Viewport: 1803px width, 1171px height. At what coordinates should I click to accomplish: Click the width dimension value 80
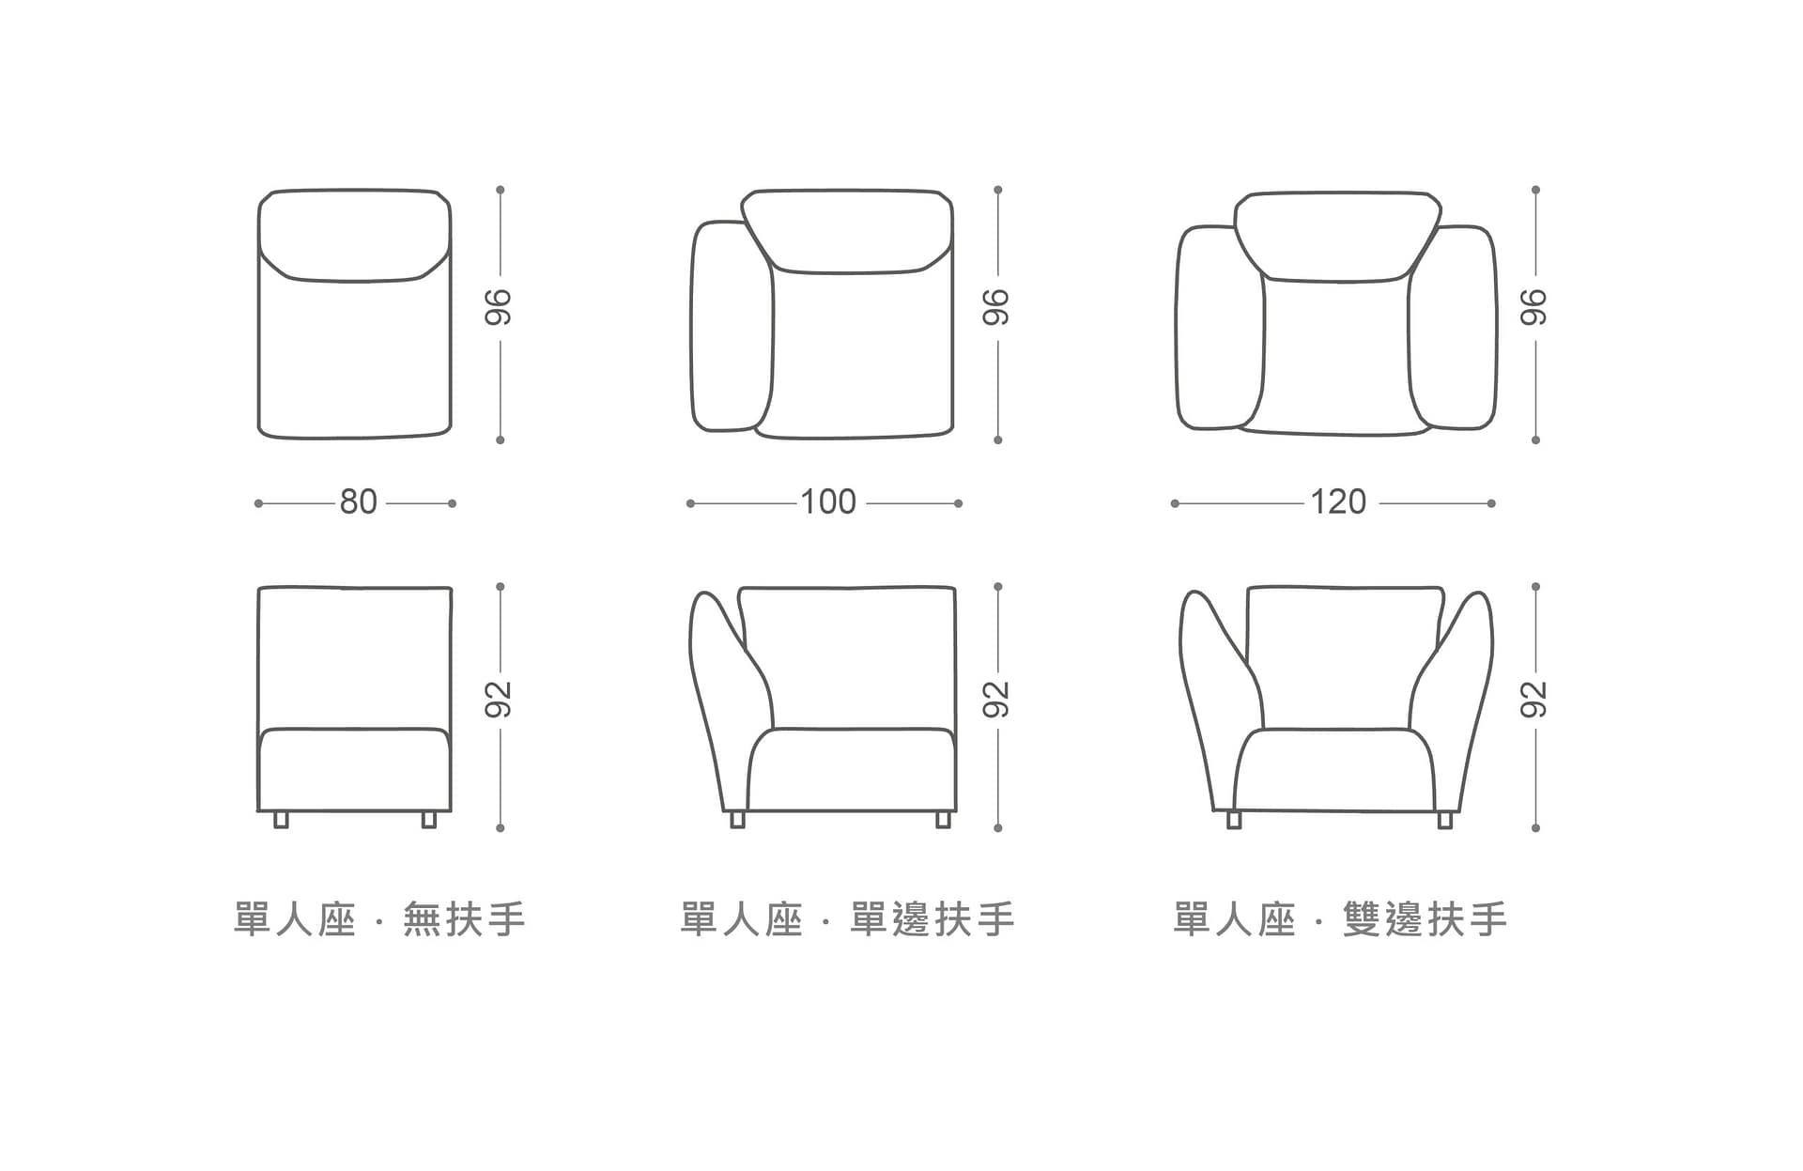[x=359, y=502]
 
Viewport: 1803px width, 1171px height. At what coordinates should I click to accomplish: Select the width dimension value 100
[x=828, y=502]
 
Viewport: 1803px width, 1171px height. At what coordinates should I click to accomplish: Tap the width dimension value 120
[x=1338, y=502]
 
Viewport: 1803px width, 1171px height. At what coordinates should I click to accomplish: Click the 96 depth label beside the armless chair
[x=499, y=307]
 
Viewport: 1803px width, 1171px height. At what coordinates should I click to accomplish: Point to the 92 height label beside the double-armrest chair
[x=1533, y=700]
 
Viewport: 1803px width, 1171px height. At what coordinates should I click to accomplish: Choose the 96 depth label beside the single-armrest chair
[x=996, y=307]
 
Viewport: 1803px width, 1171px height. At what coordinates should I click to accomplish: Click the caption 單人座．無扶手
[x=379, y=919]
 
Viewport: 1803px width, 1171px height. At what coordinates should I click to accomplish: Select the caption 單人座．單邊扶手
[x=848, y=919]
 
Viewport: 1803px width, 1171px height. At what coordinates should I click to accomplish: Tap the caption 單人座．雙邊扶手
[x=1340, y=919]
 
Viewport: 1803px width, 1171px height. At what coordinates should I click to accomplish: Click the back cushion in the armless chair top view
[x=354, y=235]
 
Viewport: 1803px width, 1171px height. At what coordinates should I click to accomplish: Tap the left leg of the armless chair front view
[x=281, y=820]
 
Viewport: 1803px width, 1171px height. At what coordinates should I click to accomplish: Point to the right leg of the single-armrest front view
[x=943, y=820]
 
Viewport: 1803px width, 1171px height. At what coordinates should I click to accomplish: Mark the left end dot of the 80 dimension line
[x=258, y=503]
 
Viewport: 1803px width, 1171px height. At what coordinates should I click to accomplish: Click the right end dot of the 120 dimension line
[x=1491, y=503]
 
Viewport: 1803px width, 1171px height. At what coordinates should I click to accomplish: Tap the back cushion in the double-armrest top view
[x=1337, y=237]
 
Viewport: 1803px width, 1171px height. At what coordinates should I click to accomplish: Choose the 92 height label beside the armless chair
[x=499, y=700]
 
